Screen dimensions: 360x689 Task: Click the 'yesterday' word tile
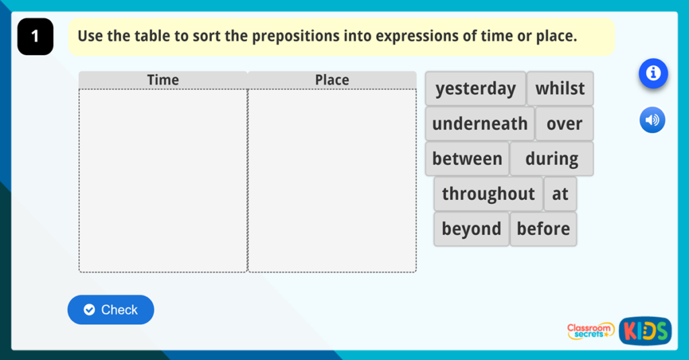(475, 89)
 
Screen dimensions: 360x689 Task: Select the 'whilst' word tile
(560, 89)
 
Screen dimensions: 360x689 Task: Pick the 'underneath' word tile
(480, 124)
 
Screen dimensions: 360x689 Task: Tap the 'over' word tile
(564, 124)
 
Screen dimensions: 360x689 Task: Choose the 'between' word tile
(467, 159)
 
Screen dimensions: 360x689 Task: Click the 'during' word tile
(552, 159)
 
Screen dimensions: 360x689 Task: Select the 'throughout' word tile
(488, 194)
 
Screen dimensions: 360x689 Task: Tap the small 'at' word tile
(560, 194)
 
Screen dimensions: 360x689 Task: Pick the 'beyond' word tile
(471, 229)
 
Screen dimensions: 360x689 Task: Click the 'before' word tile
(543, 229)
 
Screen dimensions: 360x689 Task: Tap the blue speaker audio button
(652, 120)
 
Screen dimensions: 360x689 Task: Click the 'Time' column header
(163, 80)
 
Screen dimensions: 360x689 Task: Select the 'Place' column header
(332, 80)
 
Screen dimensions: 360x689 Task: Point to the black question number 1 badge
(35, 37)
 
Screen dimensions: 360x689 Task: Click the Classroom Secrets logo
(590, 330)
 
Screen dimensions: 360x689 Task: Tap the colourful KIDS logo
(645, 330)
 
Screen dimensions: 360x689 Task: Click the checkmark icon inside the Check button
(89, 310)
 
